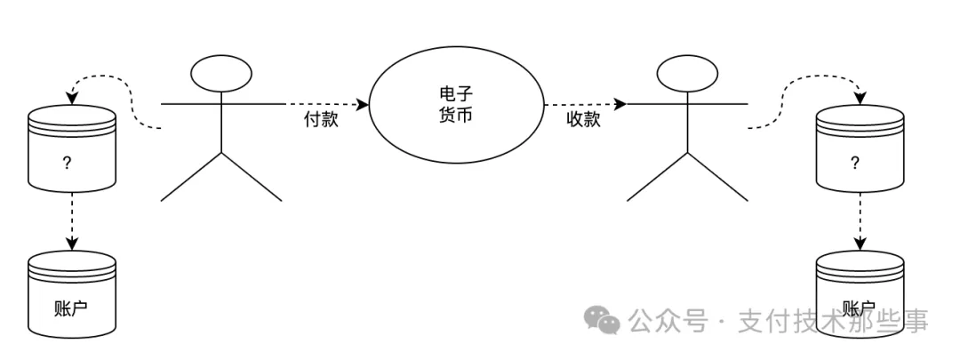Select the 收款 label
click(x=583, y=120)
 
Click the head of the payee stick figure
click(x=686, y=73)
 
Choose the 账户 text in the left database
click(x=72, y=311)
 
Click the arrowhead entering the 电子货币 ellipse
click(x=364, y=104)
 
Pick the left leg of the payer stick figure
click(x=188, y=178)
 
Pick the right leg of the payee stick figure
click(x=716, y=178)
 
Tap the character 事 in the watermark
click(x=915, y=321)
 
